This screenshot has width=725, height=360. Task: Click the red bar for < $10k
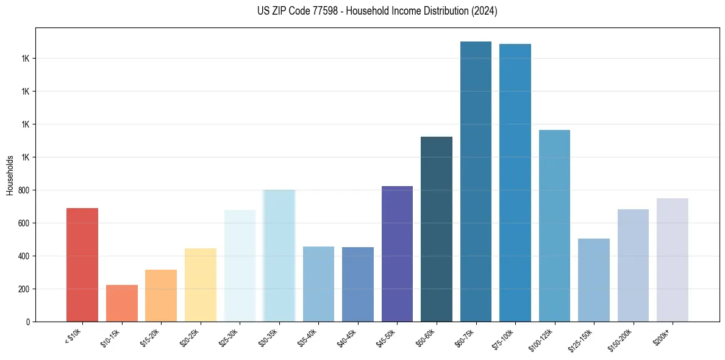[82, 265]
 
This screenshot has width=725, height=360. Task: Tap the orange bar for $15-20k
[161, 295]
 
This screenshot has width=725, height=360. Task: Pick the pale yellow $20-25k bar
[201, 285]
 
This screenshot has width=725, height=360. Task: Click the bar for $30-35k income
[279, 256]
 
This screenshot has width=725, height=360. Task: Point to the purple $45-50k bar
[397, 254]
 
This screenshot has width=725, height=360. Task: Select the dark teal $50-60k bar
[437, 229]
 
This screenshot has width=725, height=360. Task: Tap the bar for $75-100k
[515, 182]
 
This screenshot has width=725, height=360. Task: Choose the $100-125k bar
[554, 226]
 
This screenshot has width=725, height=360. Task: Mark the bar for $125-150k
[594, 280]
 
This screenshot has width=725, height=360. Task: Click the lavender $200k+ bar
[673, 260]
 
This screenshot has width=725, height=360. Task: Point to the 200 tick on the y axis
[24, 289]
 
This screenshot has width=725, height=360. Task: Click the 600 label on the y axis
[24, 223]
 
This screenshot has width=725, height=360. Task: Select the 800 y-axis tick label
[24, 190]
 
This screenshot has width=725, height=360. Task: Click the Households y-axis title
[10, 175]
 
